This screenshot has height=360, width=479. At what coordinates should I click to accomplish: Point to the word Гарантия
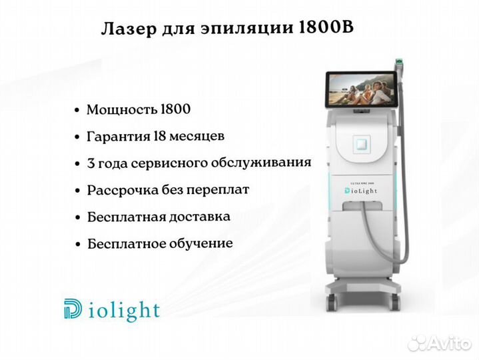click(119, 137)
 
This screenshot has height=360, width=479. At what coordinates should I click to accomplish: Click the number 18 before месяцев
click(160, 136)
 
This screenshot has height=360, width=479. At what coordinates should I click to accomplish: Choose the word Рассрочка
click(123, 190)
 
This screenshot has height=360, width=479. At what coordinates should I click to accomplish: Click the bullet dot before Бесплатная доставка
click(78, 217)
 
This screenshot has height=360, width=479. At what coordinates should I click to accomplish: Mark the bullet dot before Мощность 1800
click(77, 110)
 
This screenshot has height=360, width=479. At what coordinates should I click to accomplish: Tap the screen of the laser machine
click(360, 89)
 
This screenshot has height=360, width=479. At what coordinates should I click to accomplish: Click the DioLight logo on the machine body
click(361, 191)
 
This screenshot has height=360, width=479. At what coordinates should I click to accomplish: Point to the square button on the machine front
click(362, 145)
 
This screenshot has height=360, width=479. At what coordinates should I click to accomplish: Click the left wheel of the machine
click(332, 301)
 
